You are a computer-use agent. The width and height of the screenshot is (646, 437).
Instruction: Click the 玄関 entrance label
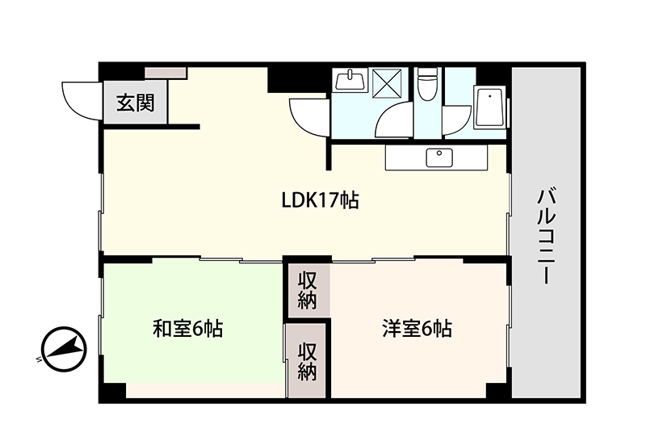click(136, 103)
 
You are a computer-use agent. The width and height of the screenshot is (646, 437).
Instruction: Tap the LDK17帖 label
click(320, 201)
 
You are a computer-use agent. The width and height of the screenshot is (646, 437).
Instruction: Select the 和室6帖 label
click(188, 329)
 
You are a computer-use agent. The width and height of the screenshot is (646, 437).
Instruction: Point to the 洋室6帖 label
click(417, 329)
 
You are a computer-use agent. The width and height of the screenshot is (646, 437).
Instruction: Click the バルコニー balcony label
click(547, 236)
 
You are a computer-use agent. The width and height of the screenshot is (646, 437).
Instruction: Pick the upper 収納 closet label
click(308, 291)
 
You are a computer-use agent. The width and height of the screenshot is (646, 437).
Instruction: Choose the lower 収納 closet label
click(308, 361)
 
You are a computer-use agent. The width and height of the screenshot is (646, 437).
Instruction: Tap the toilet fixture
click(426, 84)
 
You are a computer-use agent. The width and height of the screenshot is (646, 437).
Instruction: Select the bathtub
click(489, 107)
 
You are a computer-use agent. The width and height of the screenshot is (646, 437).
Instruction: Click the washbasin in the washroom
click(350, 80)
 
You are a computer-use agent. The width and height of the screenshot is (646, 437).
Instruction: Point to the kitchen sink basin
click(439, 158)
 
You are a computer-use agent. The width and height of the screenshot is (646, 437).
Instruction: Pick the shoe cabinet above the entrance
click(166, 73)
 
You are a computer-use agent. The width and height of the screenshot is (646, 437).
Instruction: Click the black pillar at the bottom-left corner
click(112, 391)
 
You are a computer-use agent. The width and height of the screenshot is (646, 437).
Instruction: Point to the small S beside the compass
click(39, 359)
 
